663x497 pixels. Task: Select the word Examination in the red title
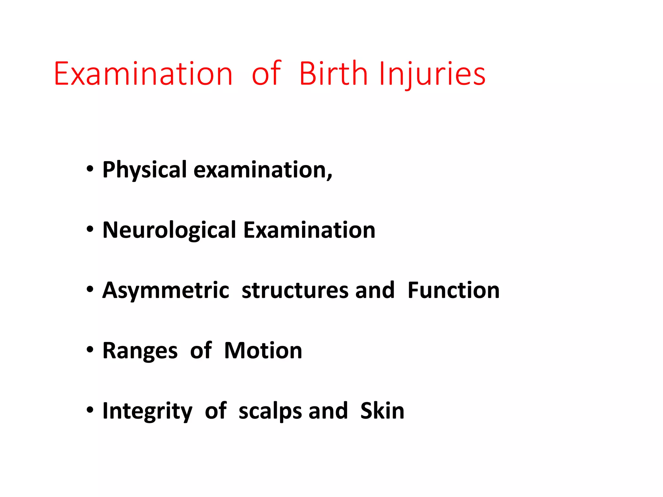coord(143,74)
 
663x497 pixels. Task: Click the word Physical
coord(144,170)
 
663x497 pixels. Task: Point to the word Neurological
coord(169,230)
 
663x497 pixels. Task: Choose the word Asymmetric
coord(166,290)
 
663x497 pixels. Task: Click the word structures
coord(295,290)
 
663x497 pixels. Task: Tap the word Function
coord(453,290)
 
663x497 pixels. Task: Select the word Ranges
coord(140,351)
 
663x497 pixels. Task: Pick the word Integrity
coord(147,411)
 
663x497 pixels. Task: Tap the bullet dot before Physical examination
coord(90,169)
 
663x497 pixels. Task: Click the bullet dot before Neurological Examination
coord(90,229)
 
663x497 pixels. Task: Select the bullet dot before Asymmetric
coord(90,290)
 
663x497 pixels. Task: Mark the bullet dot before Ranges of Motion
coord(90,350)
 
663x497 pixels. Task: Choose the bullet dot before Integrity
coord(90,410)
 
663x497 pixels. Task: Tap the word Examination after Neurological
coord(309,230)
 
